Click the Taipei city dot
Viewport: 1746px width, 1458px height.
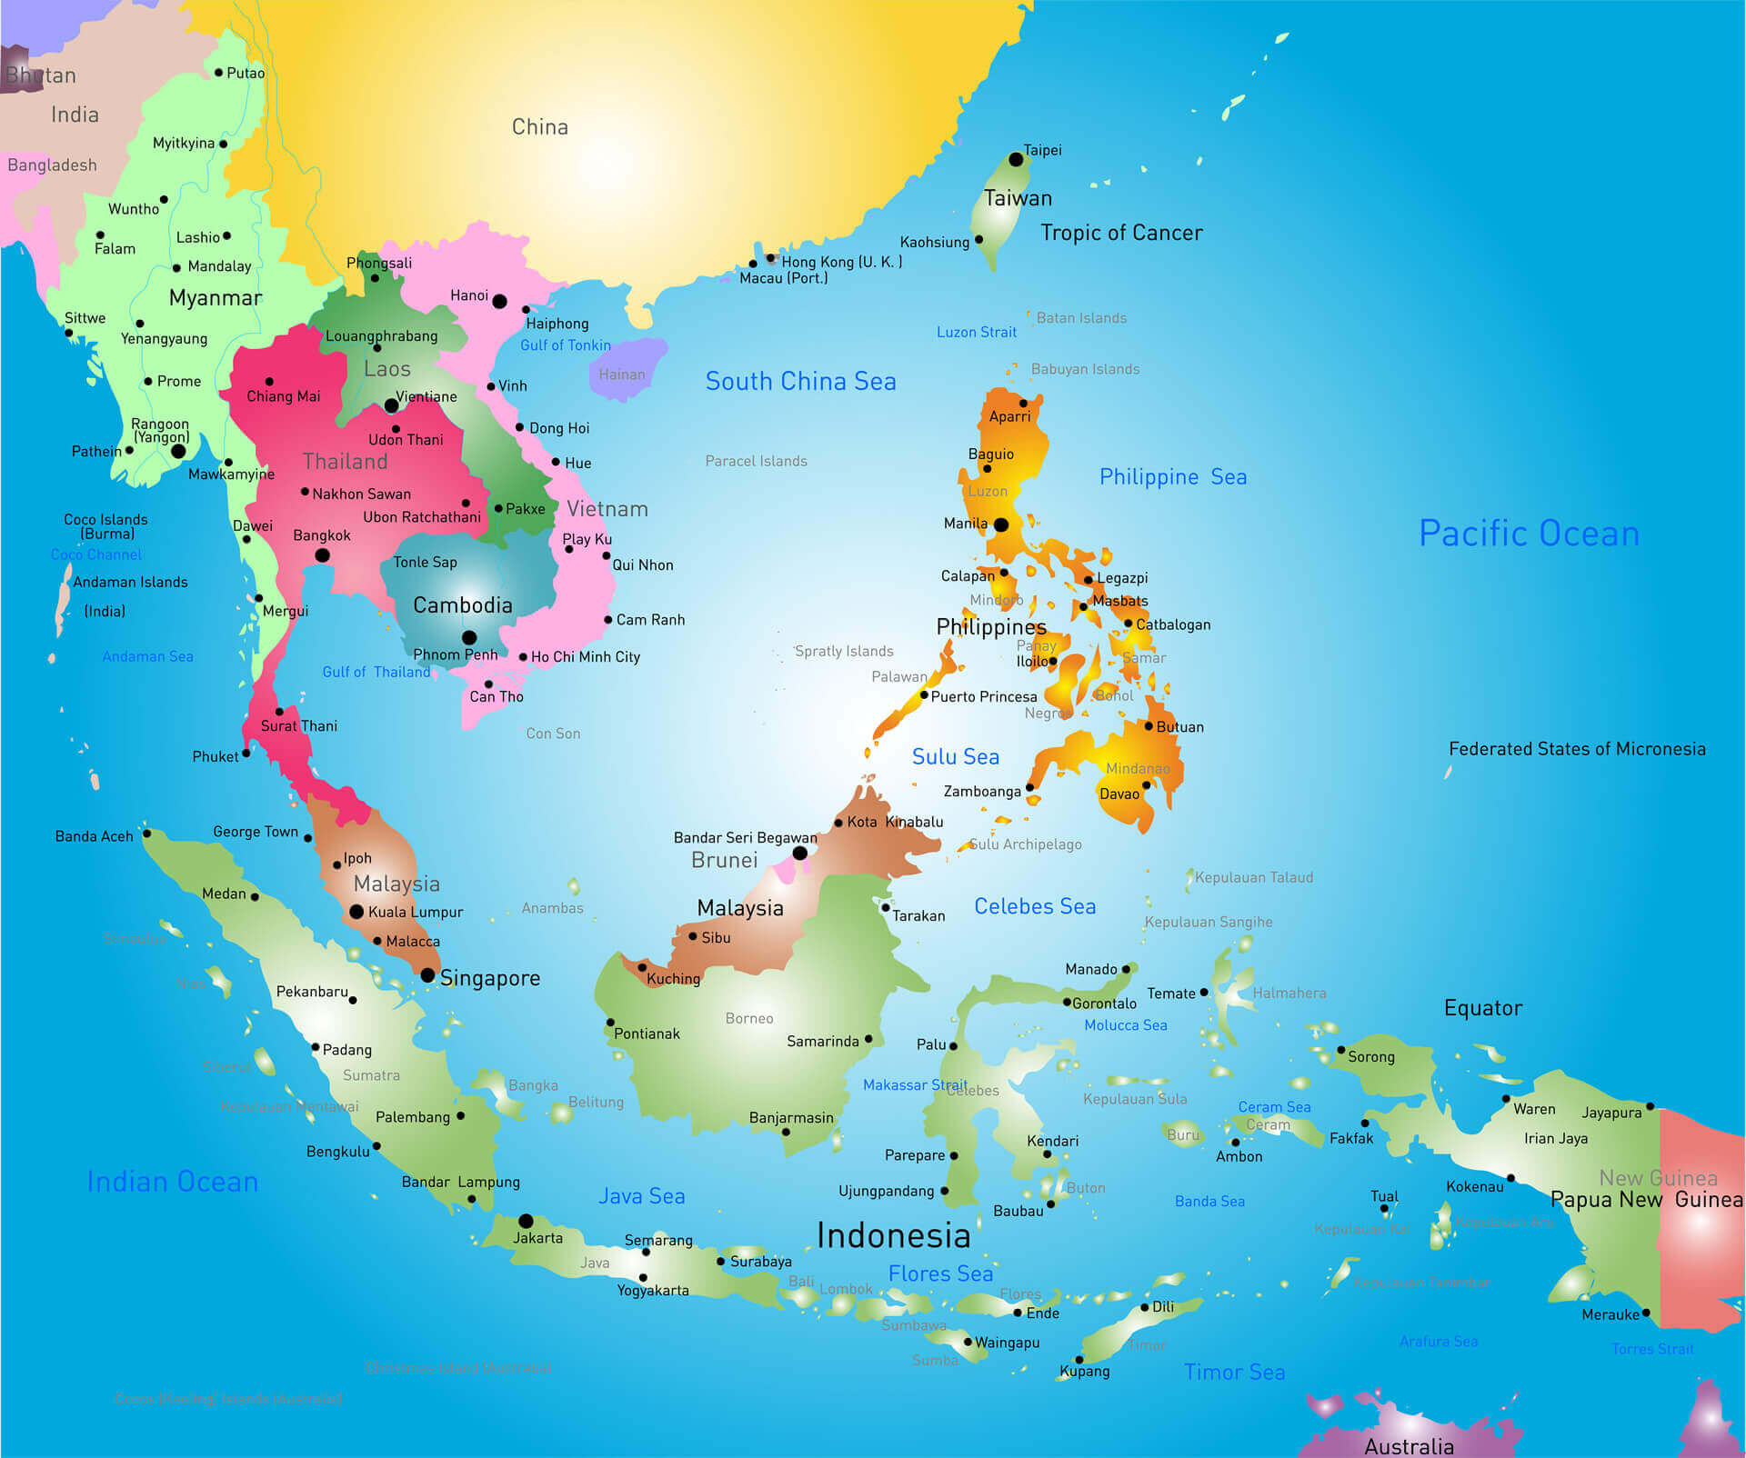pos(1016,159)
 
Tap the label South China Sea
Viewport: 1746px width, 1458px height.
pos(800,382)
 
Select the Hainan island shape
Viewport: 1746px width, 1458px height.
pos(626,368)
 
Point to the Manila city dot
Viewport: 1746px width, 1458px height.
pos(1001,524)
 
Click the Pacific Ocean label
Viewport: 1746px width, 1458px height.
pos(1529,534)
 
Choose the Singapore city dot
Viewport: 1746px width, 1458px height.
pos(427,975)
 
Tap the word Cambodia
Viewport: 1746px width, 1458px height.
pos(462,605)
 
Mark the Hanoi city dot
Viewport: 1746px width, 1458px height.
pos(499,301)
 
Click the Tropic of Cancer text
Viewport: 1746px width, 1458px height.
pos(1121,233)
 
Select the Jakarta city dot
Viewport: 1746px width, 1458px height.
pos(526,1221)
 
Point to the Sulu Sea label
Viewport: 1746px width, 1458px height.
pos(955,757)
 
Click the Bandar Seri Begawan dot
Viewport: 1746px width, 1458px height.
pos(799,853)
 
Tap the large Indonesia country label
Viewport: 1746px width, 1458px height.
pos(893,1236)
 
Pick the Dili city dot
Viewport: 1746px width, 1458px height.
pos(1145,1307)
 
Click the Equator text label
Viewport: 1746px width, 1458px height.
pos(1482,1008)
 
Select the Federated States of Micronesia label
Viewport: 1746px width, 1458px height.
pos(1576,749)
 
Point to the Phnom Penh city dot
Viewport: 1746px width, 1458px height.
pos(469,637)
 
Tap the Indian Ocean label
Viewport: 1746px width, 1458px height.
pos(172,1182)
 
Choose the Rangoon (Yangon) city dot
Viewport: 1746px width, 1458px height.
pos(178,451)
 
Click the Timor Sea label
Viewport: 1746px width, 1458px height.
pos(1234,1373)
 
